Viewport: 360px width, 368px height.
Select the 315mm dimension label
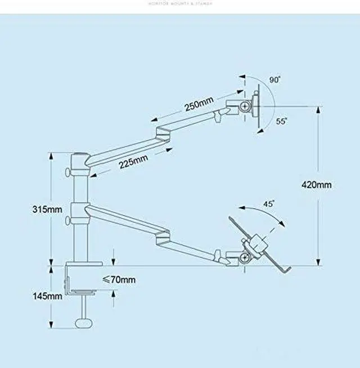point(47,209)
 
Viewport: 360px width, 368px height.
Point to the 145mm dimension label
point(47,296)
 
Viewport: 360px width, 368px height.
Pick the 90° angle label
point(274,80)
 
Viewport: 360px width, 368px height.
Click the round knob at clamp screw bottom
point(84,324)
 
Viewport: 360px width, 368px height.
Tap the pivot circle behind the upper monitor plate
point(245,105)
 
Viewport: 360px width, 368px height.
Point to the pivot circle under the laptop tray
point(245,258)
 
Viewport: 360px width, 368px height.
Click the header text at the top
point(180,4)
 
